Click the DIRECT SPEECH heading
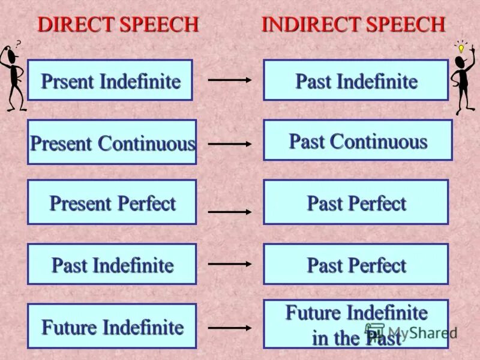[118, 25]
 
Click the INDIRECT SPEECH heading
[353, 25]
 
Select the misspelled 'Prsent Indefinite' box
[110, 80]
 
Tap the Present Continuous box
[112, 142]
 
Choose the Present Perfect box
[112, 202]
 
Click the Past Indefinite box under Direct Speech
[112, 264]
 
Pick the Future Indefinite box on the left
[112, 326]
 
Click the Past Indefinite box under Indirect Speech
[356, 80]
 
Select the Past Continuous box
[358, 140]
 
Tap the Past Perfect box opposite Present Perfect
[356, 202]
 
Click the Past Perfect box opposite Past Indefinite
[356, 264]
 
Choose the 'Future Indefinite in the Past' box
[356, 324]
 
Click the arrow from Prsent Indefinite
[230, 79]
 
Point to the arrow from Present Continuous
[230, 144]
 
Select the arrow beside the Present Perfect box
[230, 212]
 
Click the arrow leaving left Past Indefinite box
[230, 263]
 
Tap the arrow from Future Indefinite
[230, 328]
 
